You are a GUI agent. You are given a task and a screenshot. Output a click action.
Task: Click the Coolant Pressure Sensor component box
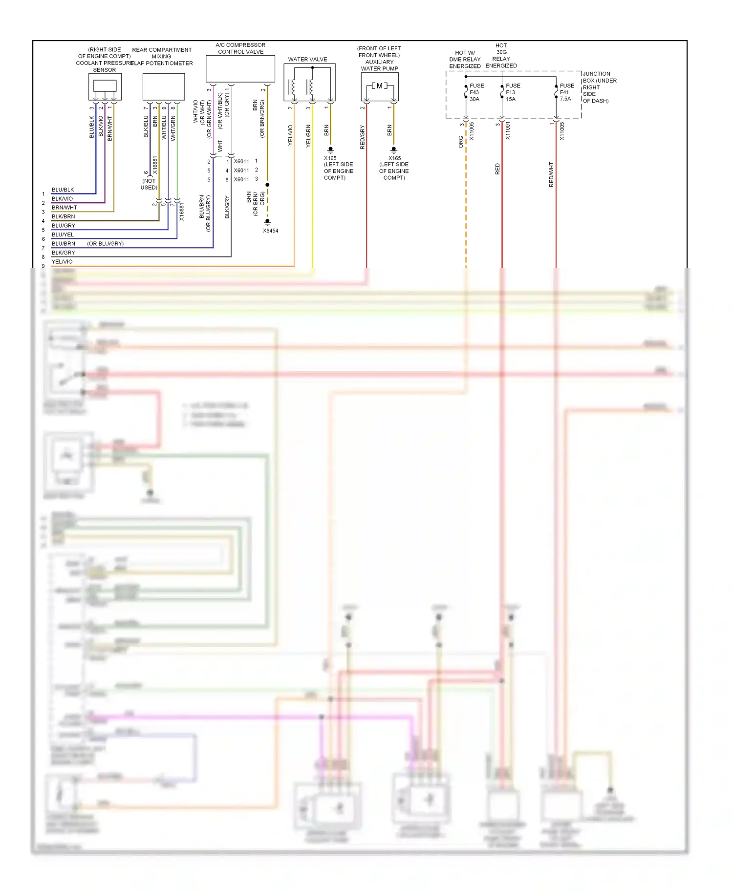pos(105,86)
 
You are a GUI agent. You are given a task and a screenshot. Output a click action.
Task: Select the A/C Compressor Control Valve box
pos(240,68)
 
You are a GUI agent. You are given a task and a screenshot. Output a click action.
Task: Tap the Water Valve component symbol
pos(309,82)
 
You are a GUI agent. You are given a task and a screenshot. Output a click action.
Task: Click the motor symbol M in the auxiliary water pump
pos(379,86)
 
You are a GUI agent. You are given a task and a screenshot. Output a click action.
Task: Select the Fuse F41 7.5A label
pos(567,92)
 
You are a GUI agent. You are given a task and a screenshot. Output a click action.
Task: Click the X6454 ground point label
pos(270,231)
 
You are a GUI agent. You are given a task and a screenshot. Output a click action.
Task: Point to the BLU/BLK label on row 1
pos(63,190)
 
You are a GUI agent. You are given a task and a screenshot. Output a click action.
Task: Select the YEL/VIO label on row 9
pos(62,261)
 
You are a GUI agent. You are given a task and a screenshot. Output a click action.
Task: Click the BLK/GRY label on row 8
pos(64,253)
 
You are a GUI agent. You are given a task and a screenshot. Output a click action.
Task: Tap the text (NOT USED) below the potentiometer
pos(149,184)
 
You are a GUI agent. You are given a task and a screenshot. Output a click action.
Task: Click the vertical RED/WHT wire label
pos(551,174)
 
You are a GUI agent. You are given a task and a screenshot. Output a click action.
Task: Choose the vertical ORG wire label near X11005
pos(461,142)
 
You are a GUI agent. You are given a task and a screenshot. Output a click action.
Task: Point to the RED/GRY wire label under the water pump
pos(362,137)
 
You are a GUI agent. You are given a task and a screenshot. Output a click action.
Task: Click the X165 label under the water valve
pos(330,158)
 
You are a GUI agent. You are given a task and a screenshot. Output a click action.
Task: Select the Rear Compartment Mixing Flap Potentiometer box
pos(163,86)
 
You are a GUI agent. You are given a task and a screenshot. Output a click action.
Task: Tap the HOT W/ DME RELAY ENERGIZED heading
pos(465,60)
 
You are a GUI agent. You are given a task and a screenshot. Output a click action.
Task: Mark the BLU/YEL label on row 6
pos(63,234)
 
